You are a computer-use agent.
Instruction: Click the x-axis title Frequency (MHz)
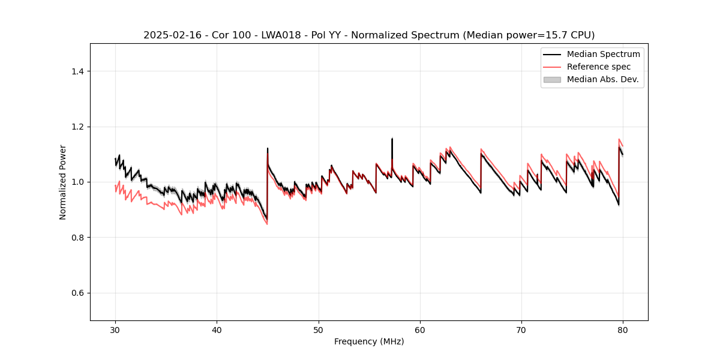[369, 341]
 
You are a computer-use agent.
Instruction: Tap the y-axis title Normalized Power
[63, 182]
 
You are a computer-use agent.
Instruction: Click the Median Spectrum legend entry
[603, 54]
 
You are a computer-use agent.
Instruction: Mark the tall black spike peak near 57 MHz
[392, 139]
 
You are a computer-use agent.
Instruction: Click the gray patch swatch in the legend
[552, 79]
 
